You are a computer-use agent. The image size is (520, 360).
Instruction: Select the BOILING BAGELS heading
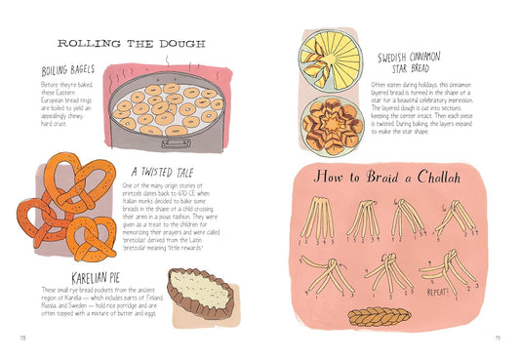point(67,70)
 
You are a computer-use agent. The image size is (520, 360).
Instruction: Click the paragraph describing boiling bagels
point(66,103)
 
